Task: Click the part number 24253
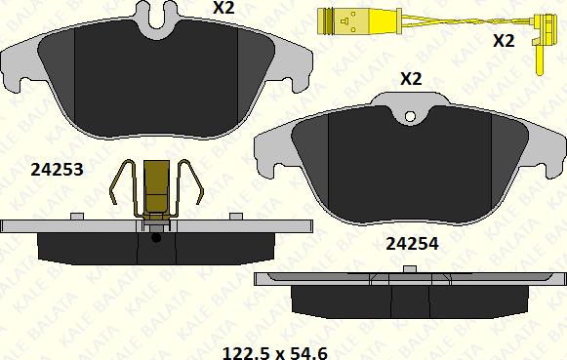58,170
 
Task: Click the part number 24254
412,244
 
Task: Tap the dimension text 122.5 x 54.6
275,353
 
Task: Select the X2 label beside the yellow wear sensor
504,40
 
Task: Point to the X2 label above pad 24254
411,78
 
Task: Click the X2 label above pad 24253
223,7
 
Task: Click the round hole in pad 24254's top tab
410,116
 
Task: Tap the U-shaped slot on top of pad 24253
157,19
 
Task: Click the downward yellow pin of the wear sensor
540,60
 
